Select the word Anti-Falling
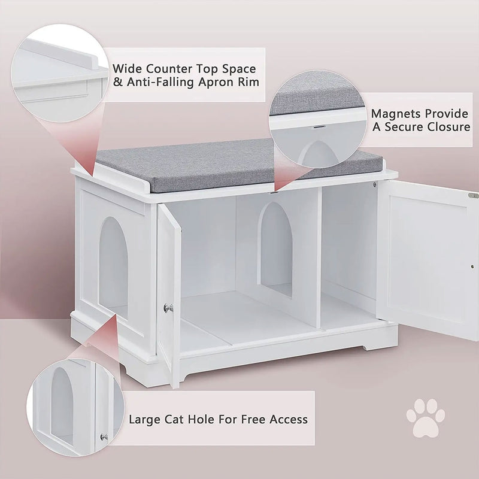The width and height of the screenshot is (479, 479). point(165,81)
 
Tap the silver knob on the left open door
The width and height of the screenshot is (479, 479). point(168,308)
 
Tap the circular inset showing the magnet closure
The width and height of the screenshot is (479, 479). point(317,120)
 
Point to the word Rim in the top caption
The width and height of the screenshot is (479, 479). point(248,81)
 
